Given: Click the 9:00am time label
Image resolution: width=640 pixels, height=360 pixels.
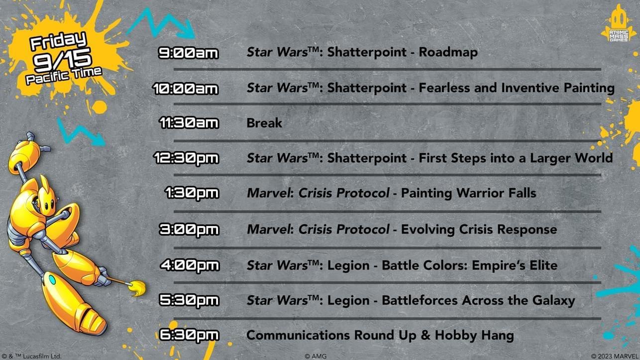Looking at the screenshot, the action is click(189, 53).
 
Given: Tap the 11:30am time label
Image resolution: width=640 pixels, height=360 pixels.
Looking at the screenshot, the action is click(189, 123).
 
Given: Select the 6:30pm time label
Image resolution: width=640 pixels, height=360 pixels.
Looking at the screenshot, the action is click(189, 335).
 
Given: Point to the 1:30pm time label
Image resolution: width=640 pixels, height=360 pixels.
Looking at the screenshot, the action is click(192, 193).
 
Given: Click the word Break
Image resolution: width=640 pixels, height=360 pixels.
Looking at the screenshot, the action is click(264, 123).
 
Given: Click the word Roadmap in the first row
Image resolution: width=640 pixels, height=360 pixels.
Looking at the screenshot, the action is click(448, 52).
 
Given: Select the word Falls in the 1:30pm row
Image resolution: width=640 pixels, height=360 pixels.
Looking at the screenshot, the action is click(522, 193).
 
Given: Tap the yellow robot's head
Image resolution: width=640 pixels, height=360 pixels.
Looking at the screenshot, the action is click(47, 197).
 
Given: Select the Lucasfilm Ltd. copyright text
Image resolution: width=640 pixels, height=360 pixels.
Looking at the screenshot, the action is click(31, 357).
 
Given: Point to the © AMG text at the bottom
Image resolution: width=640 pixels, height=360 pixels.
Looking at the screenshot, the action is click(316, 357).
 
